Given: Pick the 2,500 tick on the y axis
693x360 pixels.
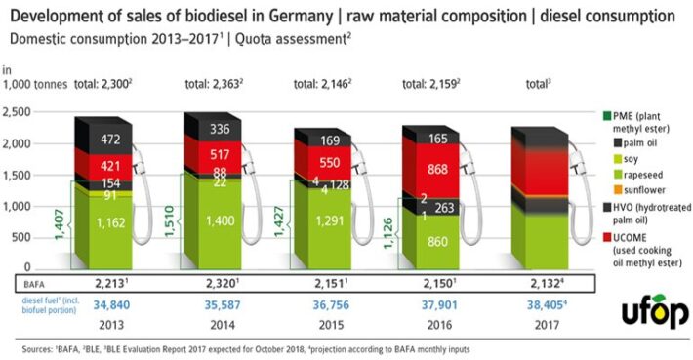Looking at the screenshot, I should pos(19,114).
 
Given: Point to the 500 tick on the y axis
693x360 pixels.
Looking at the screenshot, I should pos(22,237).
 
